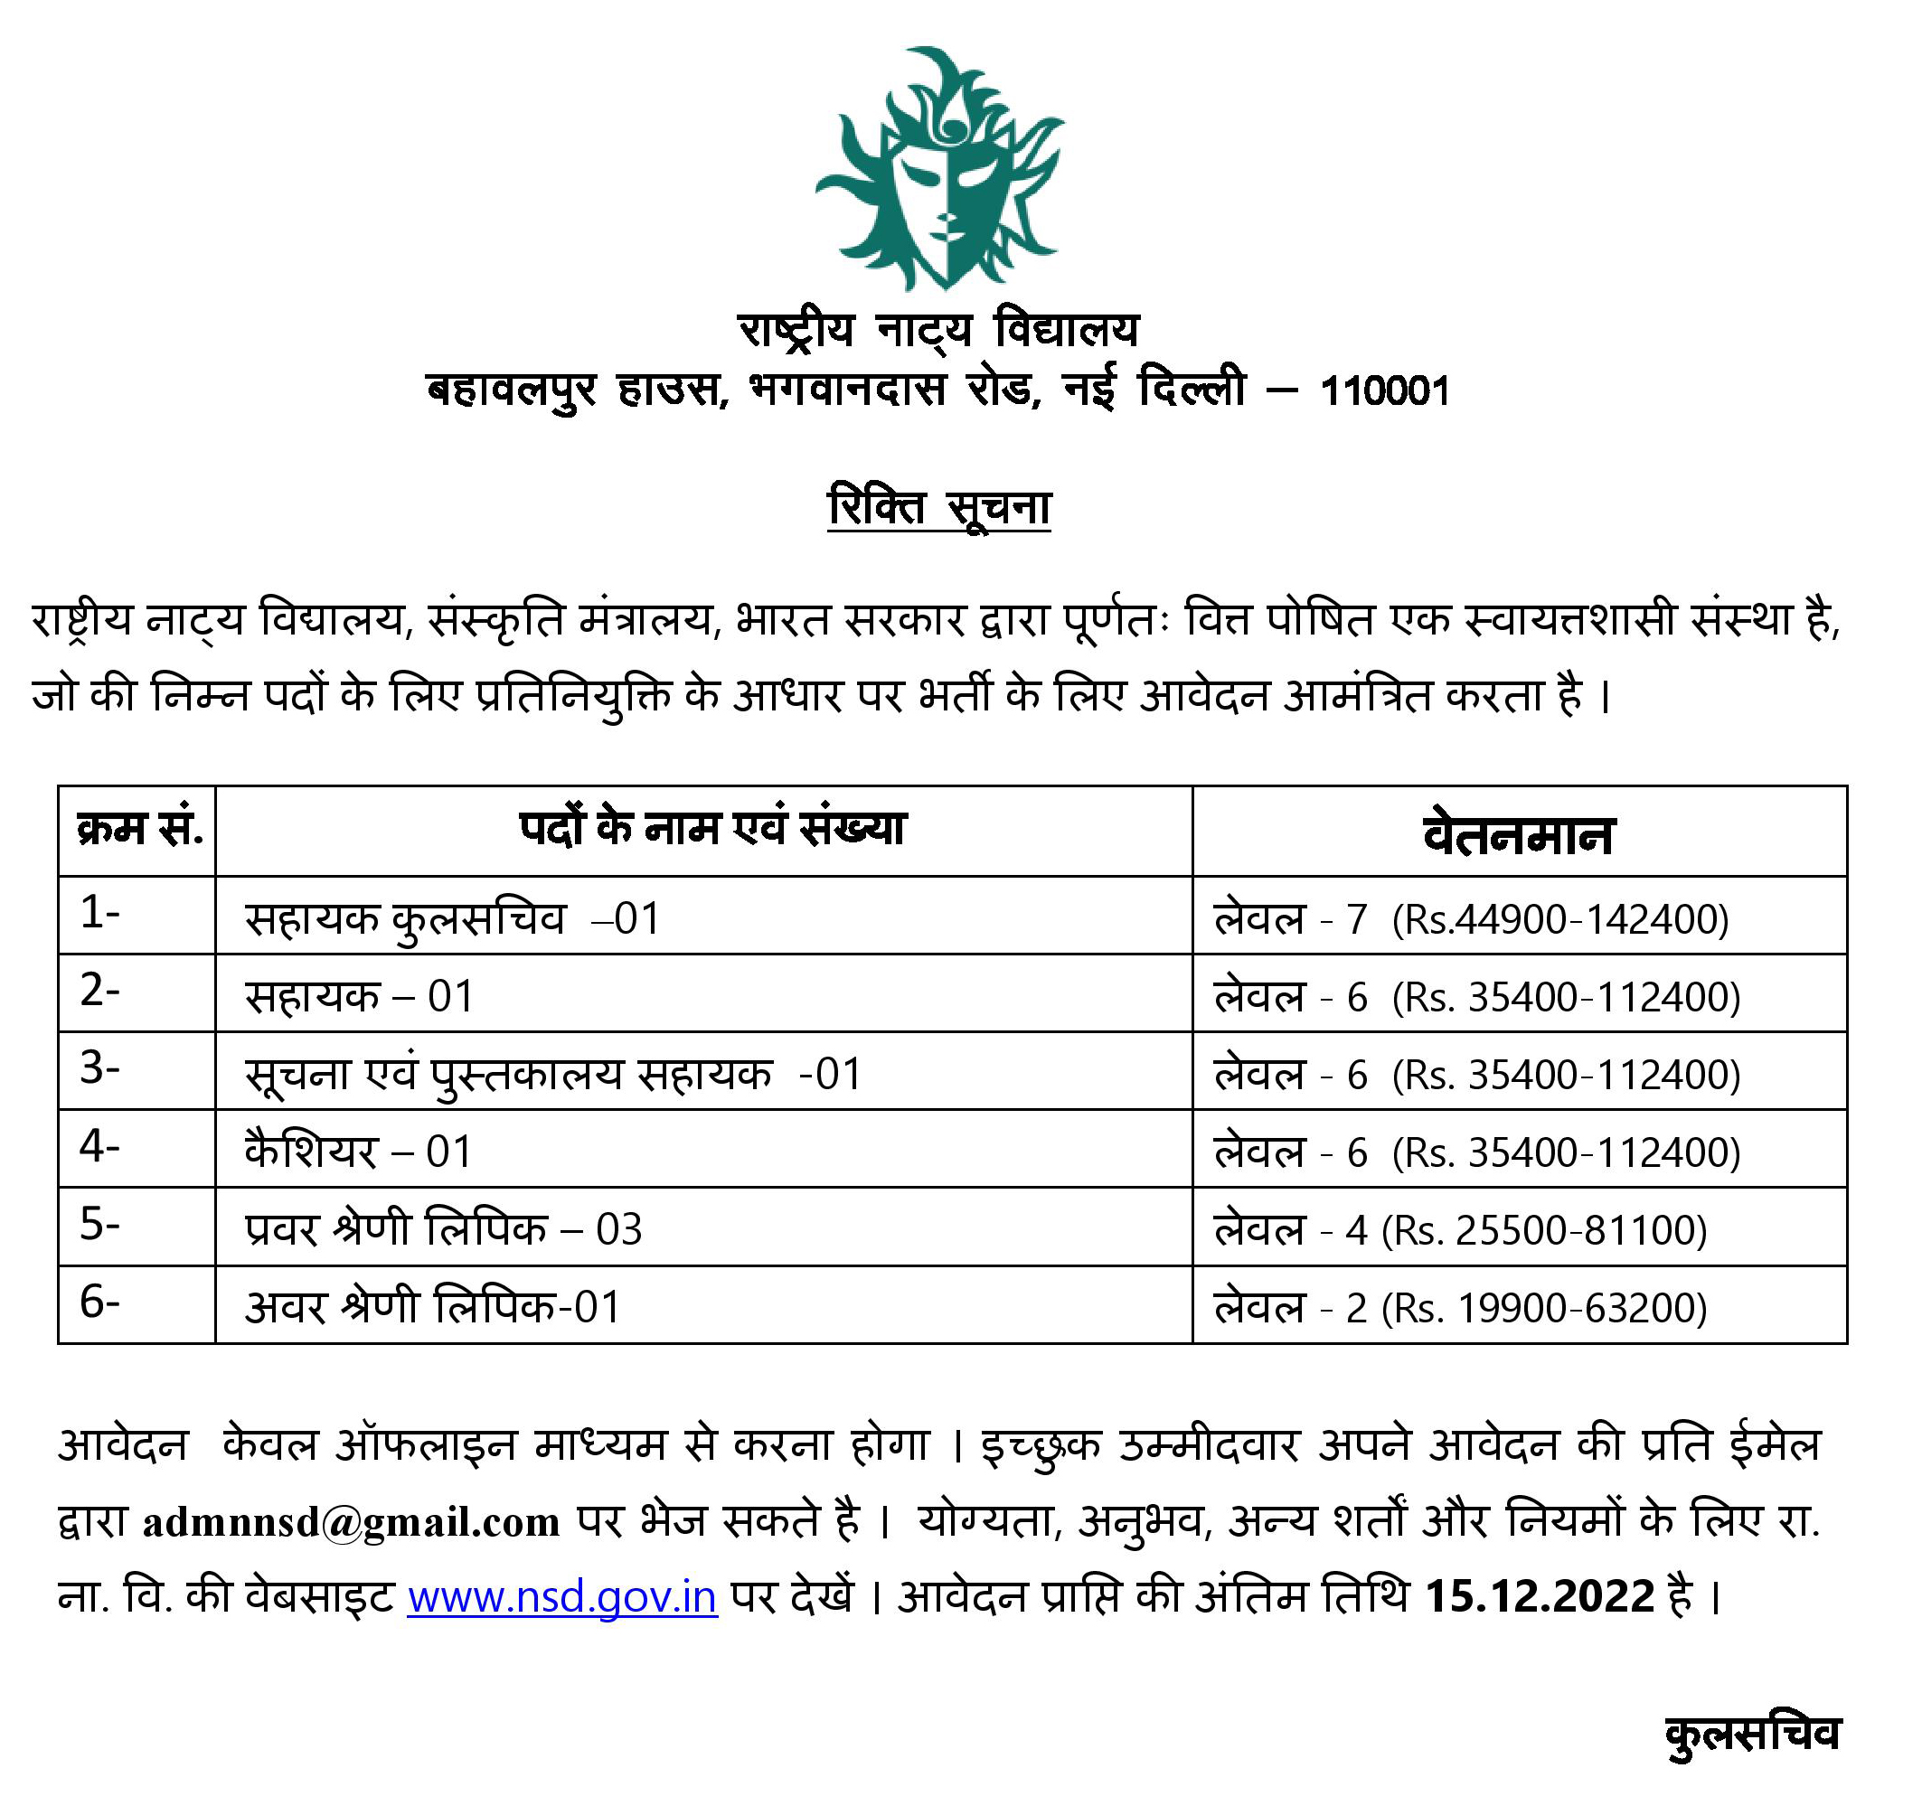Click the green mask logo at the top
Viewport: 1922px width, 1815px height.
pyautogui.click(x=939, y=169)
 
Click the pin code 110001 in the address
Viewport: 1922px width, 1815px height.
pyautogui.click(x=1384, y=391)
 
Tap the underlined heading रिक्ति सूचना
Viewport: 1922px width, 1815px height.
pyautogui.click(x=938, y=508)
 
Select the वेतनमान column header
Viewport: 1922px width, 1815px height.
pyautogui.click(x=1519, y=834)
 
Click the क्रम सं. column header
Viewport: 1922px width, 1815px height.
pyautogui.click(x=138, y=830)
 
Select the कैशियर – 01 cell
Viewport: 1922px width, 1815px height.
pyautogui.click(x=358, y=1152)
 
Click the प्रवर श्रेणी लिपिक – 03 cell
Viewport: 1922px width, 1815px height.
pyautogui.click(x=443, y=1229)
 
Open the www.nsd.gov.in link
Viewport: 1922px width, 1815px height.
pyautogui.click(x=562, y=1595)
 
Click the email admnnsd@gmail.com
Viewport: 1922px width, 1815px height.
pyautogui.click(x=352, y=1522)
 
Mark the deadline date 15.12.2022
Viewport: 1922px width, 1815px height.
pyautogui.click(x=1540, y=1595)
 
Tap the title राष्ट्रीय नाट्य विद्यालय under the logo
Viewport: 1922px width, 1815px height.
pyautogui.click(x=938, y=331)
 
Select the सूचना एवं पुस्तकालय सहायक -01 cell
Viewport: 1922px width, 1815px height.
pyautogui.click(x=552, y=1074)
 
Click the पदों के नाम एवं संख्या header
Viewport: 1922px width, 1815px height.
pyautogui.click(x=712, y=829)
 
